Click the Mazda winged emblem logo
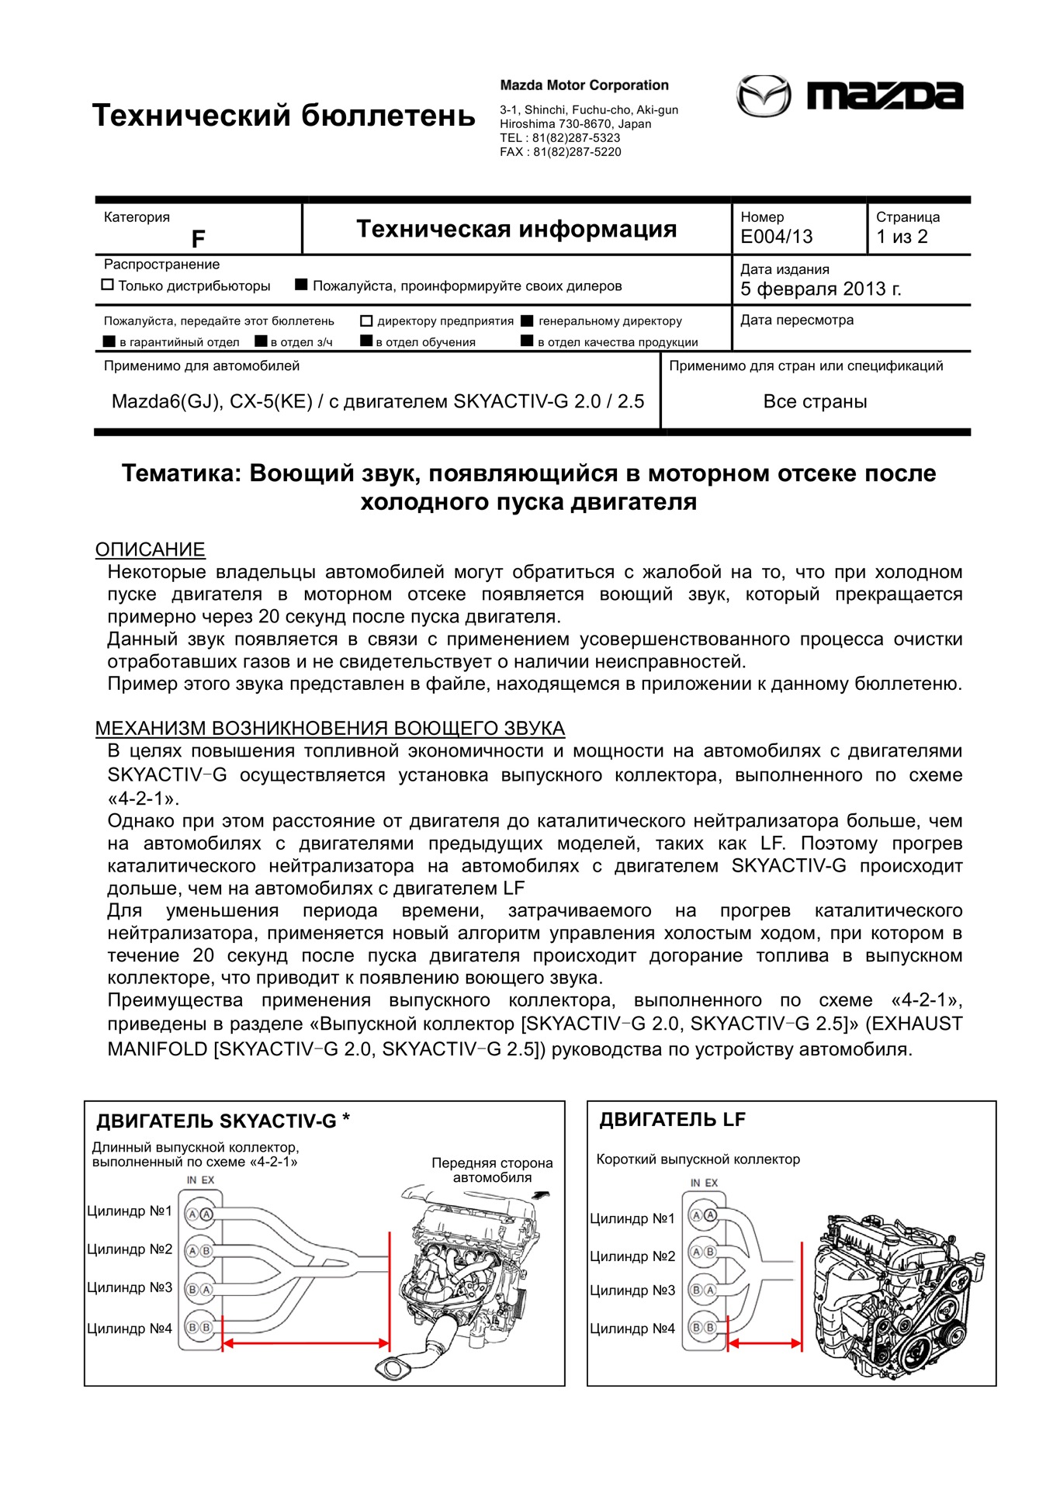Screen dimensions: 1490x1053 coord(764,96)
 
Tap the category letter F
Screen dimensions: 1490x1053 coord(199,239)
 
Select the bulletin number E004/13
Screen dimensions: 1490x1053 coord(777,237)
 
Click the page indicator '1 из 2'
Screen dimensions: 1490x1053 coord(902,237)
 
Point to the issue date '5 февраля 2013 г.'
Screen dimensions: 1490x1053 coord(820,289)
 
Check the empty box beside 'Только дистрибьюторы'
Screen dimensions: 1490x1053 coord(108,285)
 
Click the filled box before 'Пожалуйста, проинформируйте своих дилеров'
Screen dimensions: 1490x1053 coord(301,285)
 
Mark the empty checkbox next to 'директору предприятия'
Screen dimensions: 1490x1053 coord(366,321)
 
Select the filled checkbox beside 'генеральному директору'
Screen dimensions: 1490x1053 coord(527,321)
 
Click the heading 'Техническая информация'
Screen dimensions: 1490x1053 coord(516,229)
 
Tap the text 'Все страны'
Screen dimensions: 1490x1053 coord(815,402)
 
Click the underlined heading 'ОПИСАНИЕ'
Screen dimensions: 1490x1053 coord(150,549)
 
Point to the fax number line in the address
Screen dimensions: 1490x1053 coord(560,152)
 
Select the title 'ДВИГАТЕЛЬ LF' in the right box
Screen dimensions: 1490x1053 coord(672,1120)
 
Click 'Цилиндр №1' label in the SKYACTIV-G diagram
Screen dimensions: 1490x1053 coord(130,1211)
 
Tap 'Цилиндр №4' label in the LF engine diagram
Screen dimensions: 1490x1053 coord(632,1329)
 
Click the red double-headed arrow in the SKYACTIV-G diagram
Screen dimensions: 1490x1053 coord(306,1343)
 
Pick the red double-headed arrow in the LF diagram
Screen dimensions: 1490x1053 coord(764,1343)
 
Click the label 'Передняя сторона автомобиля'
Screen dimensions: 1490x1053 coord(492,1169)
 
